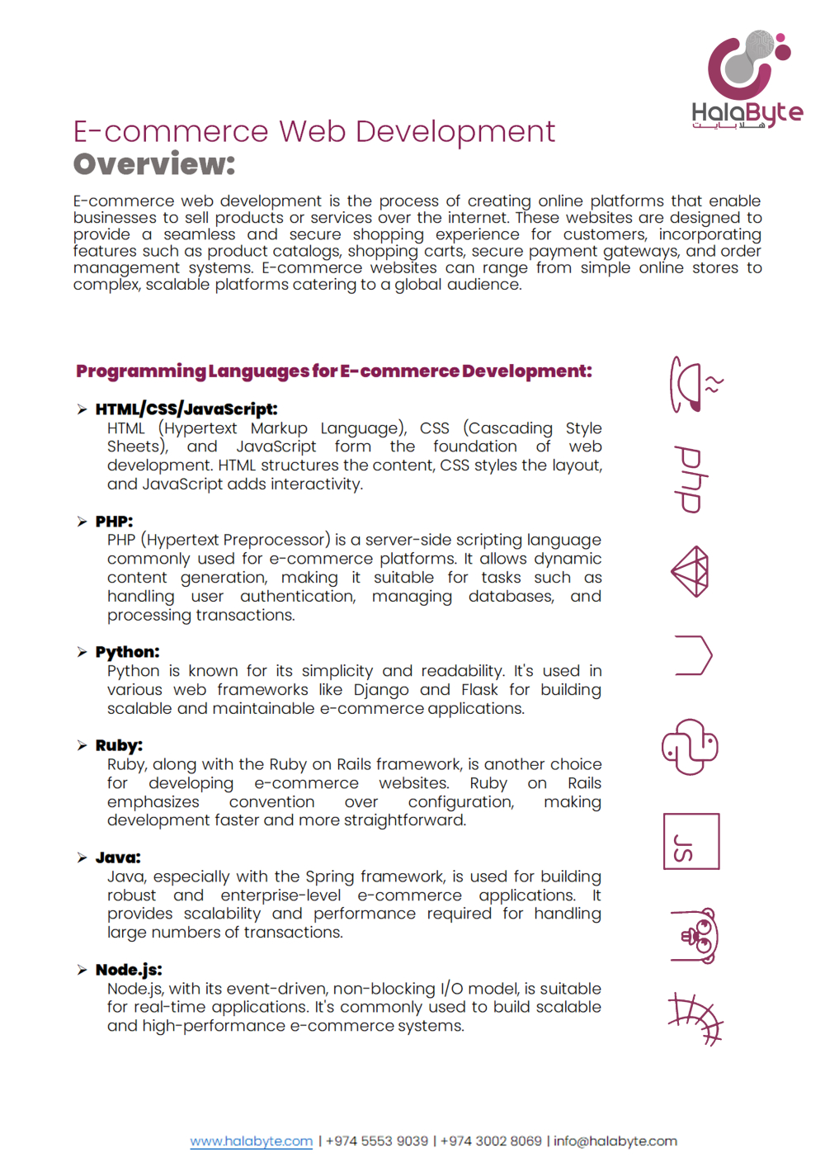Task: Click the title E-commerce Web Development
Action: pyautogui.click(x=313, y=131)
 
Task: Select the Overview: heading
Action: pyautogui.click(x=154, y=164)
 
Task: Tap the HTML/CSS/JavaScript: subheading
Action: pyautogui.click(x=186, y=409)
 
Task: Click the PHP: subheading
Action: pyautogui.click(x=114, y=521)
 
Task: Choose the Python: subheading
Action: pyautogui.click(x=127, y=652)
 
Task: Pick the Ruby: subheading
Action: pyautogui.click(x=119, y=745)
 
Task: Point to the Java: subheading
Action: pyautogui.click(x=118, y=858)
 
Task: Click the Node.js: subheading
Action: pyautogui.click(x=129, y=970)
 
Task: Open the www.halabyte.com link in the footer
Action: pyautogui.click(x=252, y=1141)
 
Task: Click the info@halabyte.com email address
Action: pyautogui.click(x=615, y=1141)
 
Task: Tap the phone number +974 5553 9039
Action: pyautogui.click(x=377, y=1141)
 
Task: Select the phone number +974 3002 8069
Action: pyautogui.click(x=491, y=1141)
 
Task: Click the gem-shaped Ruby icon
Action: pyautogui.click(x=691, y=571)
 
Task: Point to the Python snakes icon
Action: pyautogui.click(x=691, y=747)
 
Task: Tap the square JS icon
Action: pyautogui.click(x=691, y=841)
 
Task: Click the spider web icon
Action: pyautogui.click(x=695, y=1018)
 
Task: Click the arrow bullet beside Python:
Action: pyautogui.click(x=82, y=652)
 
